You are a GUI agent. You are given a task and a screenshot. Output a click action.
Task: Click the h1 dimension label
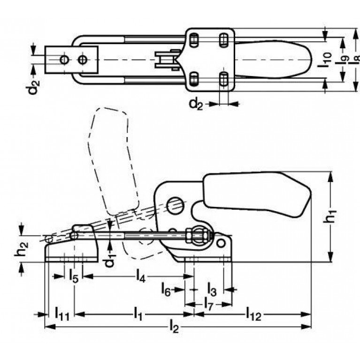coord(329,216)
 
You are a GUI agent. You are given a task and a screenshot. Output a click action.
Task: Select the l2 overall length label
coord(174,327)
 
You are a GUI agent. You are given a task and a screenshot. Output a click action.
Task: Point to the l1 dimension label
coord(138,314)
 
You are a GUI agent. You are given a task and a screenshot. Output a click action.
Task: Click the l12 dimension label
coord(254,314)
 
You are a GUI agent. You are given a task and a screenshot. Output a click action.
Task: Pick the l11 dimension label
coord(62,314)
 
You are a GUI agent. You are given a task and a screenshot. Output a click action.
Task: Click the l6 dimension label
coord(166,290)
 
